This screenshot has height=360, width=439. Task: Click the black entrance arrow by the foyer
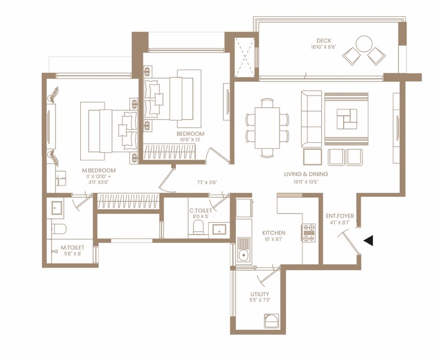(x=368, y=241)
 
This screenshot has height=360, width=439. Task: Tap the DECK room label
(x=324, y=40)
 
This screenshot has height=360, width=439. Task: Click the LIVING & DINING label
(x=305, y=174)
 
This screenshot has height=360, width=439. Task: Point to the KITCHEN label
(x=273, y=233)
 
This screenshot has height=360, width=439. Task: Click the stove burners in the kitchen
(x=309, y=233)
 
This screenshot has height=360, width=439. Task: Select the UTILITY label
(x=260, y=294)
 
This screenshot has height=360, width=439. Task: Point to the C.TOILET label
(x=200, y=211)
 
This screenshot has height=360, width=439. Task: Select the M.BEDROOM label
(x=98, y=170)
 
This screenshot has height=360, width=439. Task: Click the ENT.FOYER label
(x=339, y=216)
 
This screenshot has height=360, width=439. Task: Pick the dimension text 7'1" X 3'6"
(x=208, y=182)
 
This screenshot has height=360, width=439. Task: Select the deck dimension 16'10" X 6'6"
(x=324, y=47)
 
